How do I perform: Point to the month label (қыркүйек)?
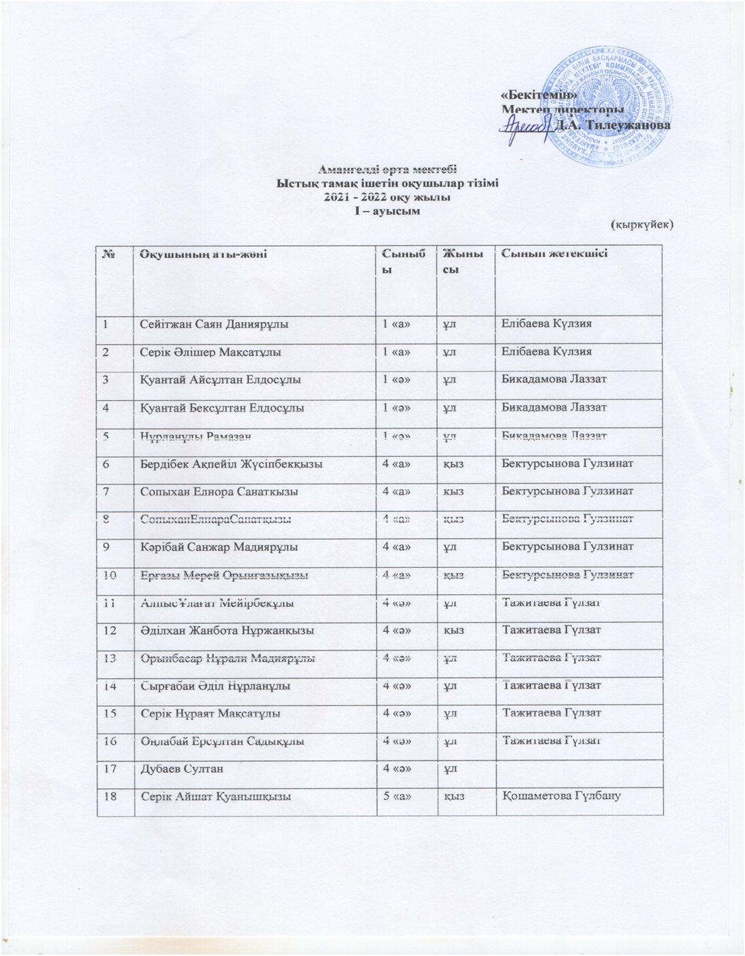[642, 224]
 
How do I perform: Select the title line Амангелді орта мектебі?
[387, 169]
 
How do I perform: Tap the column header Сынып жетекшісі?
[554, 254]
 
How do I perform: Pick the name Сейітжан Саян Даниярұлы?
[214, 324]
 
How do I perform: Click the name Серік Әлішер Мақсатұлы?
[210, 352]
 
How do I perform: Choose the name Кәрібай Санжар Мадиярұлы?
[219, 547]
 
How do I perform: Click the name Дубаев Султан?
[182, 768]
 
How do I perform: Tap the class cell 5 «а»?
[397, 796]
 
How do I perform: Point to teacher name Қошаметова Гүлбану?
[562, 795]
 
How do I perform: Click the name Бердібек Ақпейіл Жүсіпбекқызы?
[231, 463]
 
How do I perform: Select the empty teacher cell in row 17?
[579, 768]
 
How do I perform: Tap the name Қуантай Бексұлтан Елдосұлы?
[222, 408]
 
